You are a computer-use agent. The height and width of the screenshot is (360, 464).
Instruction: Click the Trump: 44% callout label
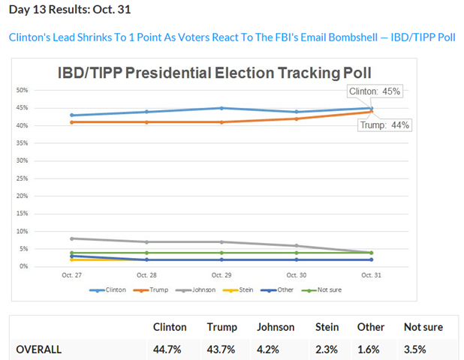click(384, 125)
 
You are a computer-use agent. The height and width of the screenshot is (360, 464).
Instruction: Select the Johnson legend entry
click(199, 289)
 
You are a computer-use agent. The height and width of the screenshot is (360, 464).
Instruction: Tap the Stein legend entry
click(241, 289)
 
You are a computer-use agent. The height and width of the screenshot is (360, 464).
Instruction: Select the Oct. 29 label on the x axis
click(221, 275)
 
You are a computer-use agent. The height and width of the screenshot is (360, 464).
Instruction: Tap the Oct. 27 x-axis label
click(72, 275)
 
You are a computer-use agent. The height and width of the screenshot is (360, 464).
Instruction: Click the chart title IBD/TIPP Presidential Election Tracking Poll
click(215, 73)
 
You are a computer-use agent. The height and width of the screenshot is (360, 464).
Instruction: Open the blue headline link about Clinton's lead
click(231, 37)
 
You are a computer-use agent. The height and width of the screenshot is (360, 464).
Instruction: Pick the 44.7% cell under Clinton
click(170, 349)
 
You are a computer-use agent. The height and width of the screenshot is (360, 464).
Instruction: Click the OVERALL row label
click(39, 349)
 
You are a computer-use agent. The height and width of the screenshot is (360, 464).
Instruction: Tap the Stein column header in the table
click(327, 327)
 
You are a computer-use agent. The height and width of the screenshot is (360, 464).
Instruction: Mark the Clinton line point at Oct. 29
click(221, 108)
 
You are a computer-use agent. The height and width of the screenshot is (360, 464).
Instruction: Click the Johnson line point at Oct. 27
click(72, 238)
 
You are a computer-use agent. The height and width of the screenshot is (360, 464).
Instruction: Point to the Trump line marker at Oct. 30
click(297, 118)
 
